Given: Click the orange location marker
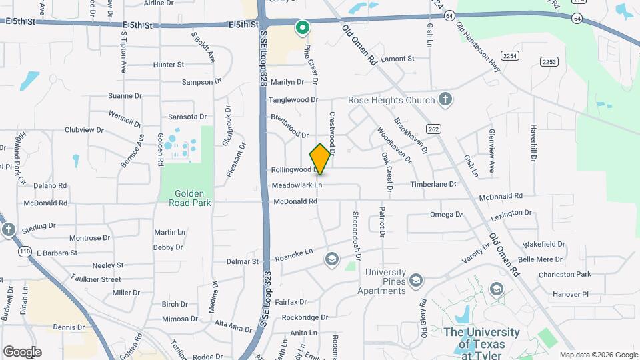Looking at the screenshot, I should coord(321,159).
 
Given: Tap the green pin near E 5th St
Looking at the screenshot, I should coord(302,28).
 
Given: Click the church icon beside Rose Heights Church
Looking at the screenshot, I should coord(445,100).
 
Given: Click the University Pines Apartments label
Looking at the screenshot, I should coord(385,281).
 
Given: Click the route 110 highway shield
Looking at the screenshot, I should coord(25,251).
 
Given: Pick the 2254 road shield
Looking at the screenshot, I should coord(511,55).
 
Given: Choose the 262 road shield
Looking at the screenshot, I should coord(434,129).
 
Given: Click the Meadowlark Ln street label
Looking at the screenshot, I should coord(297,185).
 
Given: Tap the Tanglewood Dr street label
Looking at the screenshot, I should coord(293,100).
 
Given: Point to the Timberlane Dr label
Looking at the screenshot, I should coord(433,184).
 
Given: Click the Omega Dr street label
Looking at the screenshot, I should coord(446,215).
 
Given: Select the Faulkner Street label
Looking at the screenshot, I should coord(96,279).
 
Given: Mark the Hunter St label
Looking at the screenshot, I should coord(168,65).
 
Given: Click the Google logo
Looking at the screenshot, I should coord(22,352).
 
